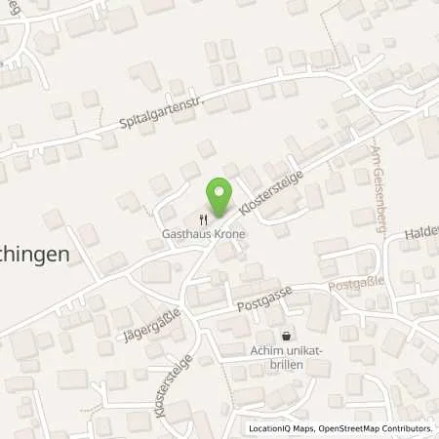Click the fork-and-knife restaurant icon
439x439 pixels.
coord(203,219)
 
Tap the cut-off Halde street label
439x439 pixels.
coord(419,223)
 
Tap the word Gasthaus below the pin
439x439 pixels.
coord(186,235)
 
